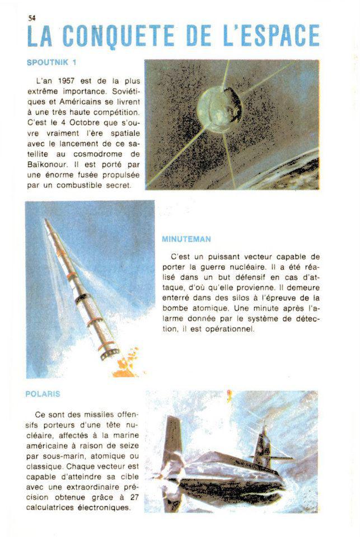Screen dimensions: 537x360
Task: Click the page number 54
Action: [x=31, y=17]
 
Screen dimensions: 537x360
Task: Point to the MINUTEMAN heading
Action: [x=186, y=239]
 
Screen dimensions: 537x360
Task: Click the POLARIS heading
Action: [x=43, y=394]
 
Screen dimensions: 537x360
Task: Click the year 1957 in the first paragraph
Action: [x=66, y=80]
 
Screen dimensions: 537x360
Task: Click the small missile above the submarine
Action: [x=229, y=396]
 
